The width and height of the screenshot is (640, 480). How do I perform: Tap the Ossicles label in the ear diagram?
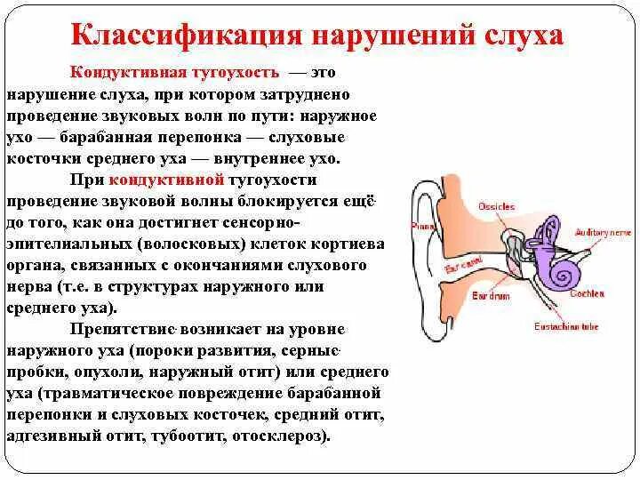pos(497,206)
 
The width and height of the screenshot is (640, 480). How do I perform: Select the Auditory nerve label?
pos(603,232)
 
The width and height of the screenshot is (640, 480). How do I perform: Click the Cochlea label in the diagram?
pos(588,293)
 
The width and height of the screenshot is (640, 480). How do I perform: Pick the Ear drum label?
pos(491,294)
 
